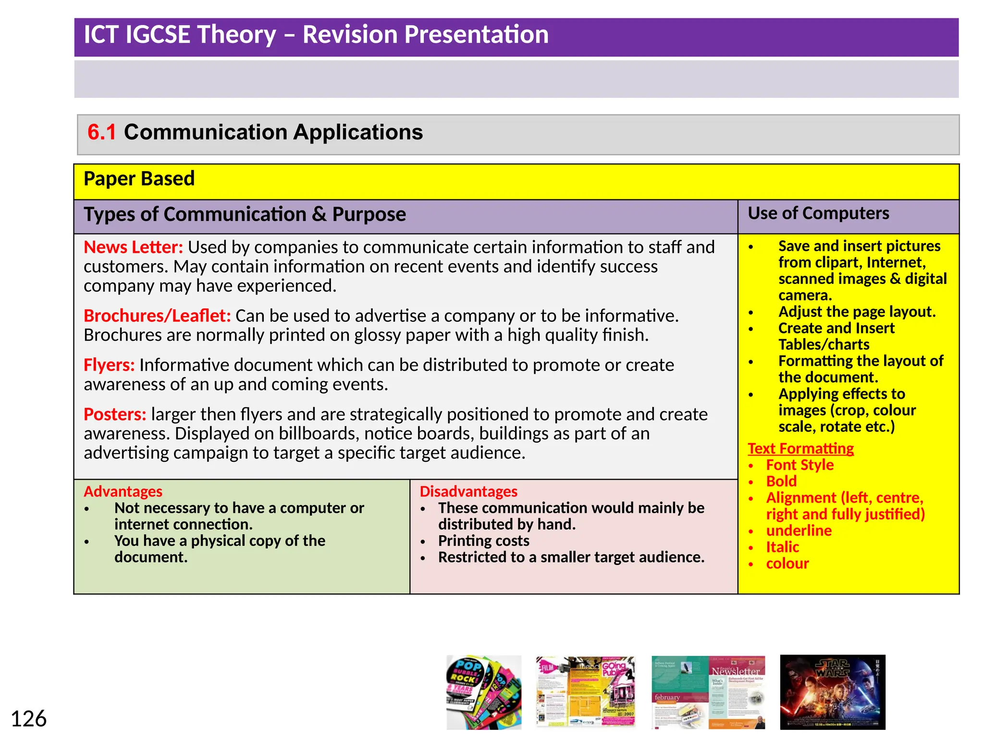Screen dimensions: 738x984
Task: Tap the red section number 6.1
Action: (x=101, y=132)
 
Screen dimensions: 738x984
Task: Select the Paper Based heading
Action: (x=139, y=179)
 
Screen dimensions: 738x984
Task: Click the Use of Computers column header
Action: (x=818, y=213)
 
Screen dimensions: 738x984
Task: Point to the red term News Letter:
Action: (x=133, y=247)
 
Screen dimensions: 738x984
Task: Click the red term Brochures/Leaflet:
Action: (x=157, y=316)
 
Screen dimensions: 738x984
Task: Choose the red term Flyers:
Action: (x=109, y=365)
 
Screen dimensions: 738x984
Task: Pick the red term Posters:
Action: (x=115, y=415)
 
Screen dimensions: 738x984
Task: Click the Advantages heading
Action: (x=123, y=492)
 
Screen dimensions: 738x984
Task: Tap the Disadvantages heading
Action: (x=468, y=492)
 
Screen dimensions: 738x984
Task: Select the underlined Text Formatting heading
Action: (x=800, y=449)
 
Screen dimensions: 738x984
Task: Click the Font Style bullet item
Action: (x=799, y=465)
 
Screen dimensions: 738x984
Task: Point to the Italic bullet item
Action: (x=782, y=547)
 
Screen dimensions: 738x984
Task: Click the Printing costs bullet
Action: (x=483, y=541)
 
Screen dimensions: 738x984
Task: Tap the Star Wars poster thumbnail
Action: (x=832, y=692)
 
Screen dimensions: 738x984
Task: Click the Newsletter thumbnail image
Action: (x=708, y=692)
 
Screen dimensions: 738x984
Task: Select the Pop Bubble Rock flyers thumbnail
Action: (x=483, y=692)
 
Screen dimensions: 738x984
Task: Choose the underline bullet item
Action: (x=799, y=531)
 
